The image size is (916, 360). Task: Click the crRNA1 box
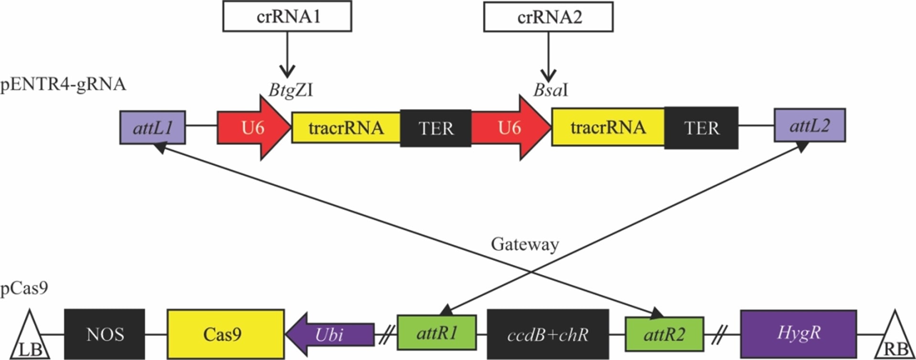coord(287,17)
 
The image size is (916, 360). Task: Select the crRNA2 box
coord(548,18)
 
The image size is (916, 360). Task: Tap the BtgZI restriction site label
coord(291,89)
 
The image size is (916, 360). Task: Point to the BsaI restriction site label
coord(550,90)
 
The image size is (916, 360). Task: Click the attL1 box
coord(152,128)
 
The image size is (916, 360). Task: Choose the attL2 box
coord(809,126)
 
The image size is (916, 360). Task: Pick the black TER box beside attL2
coord(701,128)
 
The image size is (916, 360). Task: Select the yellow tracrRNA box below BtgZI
coord(346,128)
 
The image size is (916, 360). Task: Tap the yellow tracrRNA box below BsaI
coord(608,128)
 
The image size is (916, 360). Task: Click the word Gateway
coord(525,244)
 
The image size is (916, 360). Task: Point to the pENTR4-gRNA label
coord(63,85)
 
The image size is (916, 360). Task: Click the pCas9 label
coord(24,288)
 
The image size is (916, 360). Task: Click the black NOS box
coord(105,334)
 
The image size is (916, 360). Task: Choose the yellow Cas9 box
coord(225,334)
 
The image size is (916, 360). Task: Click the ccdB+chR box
coord(548,334)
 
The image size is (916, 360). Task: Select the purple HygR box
coord(798,333)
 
